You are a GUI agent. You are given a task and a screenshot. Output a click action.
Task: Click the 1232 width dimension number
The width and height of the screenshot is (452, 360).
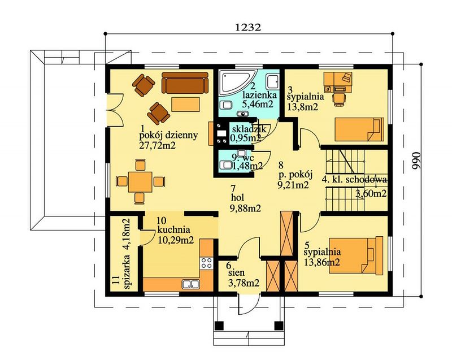[248, 27]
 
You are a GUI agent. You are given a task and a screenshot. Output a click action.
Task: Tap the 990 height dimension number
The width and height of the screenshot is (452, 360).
[416, 162]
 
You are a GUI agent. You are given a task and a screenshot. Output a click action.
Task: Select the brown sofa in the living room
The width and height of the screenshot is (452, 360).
[185, 83]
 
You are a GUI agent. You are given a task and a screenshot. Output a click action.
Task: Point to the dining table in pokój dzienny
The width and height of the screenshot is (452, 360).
[140, 181]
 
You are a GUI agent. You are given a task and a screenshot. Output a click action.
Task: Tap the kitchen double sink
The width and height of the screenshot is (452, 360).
[191, 284]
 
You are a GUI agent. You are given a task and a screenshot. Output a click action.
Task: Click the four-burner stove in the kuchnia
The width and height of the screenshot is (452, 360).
[206, 263]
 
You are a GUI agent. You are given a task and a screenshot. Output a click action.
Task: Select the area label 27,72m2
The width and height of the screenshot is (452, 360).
[158, 145]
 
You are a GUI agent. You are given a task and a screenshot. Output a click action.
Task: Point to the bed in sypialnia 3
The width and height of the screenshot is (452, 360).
[359, 129]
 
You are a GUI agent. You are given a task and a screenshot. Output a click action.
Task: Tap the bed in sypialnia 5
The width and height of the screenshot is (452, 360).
[357, 255]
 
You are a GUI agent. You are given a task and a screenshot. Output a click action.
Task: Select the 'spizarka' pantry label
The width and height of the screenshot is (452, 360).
[127, 272]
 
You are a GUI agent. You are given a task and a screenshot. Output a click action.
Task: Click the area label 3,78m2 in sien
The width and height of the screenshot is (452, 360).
[244, 283]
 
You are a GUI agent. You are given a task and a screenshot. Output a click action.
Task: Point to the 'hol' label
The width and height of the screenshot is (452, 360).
[237, 198]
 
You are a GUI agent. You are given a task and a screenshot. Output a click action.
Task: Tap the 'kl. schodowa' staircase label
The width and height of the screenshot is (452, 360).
[358, 180]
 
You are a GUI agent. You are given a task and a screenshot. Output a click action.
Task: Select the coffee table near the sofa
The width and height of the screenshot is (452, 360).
[186, 105]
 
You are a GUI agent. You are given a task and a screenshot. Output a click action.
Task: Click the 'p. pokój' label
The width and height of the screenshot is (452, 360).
[295, 175]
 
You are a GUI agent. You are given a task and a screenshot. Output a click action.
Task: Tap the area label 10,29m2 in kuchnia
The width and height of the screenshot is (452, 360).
[176, 240]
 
